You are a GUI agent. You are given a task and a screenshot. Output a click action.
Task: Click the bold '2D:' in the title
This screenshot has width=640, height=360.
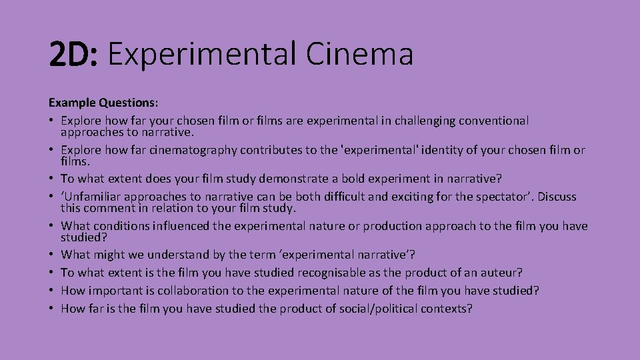73,55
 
